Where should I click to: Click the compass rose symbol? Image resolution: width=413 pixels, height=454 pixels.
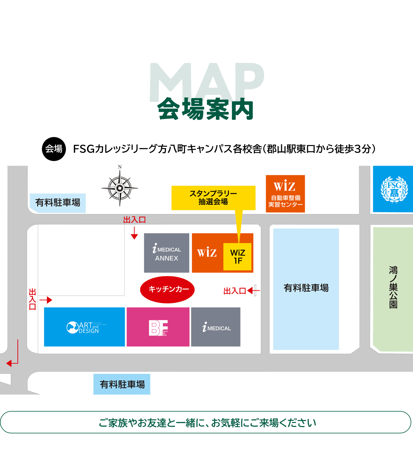coord(120,188)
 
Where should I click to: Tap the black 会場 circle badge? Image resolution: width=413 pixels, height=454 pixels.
coord(54,149)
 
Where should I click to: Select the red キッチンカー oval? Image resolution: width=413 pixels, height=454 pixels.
coord(167,289)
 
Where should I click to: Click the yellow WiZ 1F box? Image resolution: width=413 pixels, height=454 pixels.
coord(237,257)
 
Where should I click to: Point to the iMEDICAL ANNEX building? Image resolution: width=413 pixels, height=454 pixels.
coord(167,253)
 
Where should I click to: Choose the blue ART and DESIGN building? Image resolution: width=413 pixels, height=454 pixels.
coord(84,327)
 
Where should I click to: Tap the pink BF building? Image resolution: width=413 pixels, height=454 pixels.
coord(158,327)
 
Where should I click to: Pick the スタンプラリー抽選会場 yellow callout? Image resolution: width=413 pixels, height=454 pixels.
coord(213,198)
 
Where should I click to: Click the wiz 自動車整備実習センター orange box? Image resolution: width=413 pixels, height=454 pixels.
coord(285,194)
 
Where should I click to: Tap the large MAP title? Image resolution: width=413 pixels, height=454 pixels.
coord(206,82)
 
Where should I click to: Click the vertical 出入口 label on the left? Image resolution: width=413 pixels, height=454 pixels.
coord(32,299)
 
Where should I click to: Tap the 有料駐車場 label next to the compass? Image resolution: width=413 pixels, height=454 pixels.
coord(58,203)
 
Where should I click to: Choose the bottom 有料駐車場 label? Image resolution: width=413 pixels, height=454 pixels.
coord(122,384)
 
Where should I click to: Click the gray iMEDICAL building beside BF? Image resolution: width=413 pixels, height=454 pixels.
coord(216,327)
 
